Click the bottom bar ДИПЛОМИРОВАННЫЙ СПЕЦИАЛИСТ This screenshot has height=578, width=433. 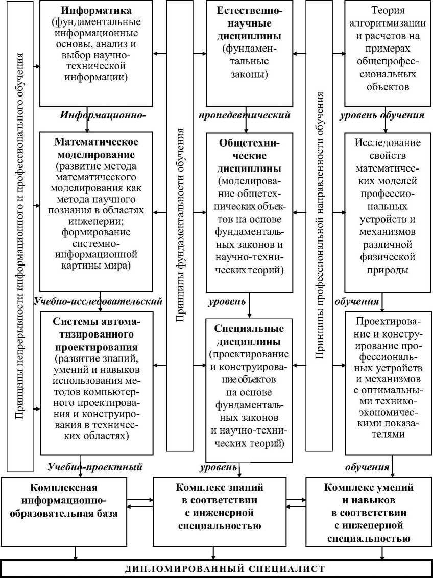coord(216,568)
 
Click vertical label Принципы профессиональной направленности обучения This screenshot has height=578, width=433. coord(320,225)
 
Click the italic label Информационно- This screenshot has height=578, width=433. coord(103,115)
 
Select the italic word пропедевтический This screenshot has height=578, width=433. coord(245,115)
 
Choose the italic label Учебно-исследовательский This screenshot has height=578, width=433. coord(98,302)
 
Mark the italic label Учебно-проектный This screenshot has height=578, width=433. coord(94,467)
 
